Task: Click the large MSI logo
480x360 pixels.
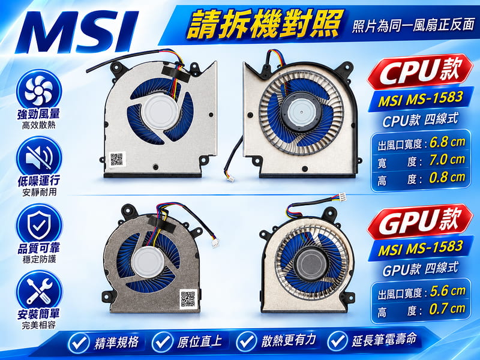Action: coord(77,32)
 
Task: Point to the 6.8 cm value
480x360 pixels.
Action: coord(447,142)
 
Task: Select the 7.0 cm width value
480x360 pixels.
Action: coord(447,160)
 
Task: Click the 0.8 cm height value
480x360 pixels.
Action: coord(447,178)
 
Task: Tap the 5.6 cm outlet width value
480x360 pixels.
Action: coord(447,291)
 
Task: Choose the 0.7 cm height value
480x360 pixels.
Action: coord(447,309)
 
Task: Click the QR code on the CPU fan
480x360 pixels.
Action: coord(116,159)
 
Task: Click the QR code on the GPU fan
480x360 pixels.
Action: coord(188,298)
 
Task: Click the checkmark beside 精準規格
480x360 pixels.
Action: coord(79,342)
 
